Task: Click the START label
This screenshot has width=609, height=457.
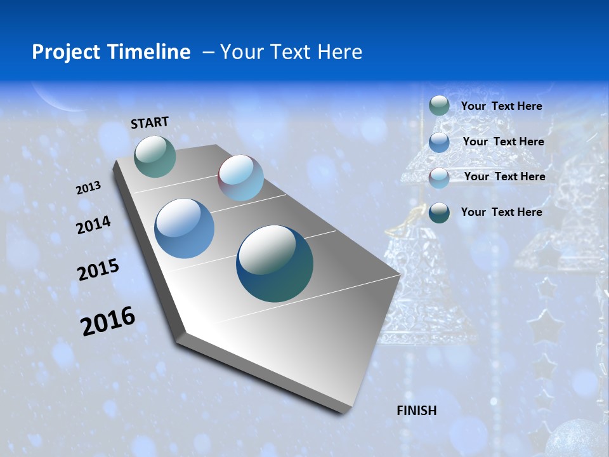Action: tap(150, 123)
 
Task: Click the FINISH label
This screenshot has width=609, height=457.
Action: tap(416, 411)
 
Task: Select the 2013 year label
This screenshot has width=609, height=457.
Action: tap(88, 188)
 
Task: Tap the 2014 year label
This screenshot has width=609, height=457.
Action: tap(93, 225)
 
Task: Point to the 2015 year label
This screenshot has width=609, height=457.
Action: tap(98, 270)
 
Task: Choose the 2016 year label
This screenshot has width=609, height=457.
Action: tap(108, 321)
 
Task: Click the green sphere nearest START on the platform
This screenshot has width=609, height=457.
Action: tap(155, 156)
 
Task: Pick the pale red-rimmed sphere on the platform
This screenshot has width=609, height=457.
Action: tap(240, 178)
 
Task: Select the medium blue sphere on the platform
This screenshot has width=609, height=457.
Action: tap(184, 228)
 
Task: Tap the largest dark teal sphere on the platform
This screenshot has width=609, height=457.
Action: tap(275, 263)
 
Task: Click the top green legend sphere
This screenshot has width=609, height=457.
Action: tap(439, 105)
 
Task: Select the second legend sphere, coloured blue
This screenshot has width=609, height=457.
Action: tap(439, 142)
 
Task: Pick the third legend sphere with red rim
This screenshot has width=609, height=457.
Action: tap(439, 177)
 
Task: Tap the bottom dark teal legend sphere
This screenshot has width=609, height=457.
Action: tap(439, 212)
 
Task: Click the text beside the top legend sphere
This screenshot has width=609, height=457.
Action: tap(501, 106)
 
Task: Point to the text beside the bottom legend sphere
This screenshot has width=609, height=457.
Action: tap(501, 212)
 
